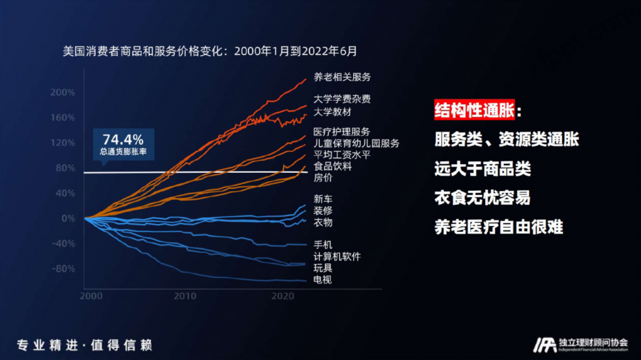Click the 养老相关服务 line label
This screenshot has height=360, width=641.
(342, 77)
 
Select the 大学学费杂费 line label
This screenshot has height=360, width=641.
(342, 99)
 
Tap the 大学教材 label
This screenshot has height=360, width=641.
(332, 111)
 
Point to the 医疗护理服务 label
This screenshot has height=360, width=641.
(342, 131)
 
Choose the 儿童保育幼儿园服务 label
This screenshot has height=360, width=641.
(356, 143)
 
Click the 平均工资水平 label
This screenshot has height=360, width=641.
(342, 155)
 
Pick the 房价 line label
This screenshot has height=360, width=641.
(323, 178)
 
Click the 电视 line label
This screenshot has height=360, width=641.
(323, 279)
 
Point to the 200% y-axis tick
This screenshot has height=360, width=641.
(63, 92)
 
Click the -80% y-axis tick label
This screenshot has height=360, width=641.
(63, 269)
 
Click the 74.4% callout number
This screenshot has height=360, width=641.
(123, 139)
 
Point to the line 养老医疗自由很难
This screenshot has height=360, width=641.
(498, 226)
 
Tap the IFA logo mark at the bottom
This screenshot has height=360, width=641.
(545, 344)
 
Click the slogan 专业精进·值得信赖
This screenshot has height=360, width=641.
(85, 345)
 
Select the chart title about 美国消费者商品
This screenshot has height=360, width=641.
(210, 50)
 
